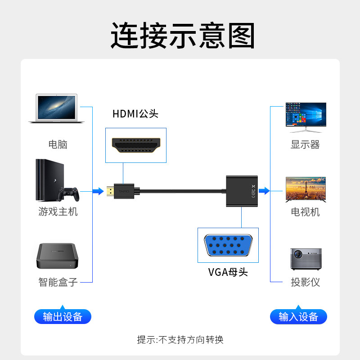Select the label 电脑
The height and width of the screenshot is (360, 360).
58,144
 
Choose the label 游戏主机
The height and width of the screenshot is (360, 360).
58,211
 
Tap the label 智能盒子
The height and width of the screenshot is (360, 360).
58,282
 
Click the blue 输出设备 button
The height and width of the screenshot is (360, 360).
63,316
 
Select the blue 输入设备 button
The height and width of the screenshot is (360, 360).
298,316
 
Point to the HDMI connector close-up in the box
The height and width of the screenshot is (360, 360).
135,145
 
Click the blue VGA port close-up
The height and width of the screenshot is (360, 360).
228,246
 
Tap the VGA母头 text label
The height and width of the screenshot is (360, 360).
228,272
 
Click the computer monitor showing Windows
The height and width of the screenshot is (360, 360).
306,117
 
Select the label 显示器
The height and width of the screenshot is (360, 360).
305,144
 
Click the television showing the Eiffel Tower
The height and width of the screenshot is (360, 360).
306,189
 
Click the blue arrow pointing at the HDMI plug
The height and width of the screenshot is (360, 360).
98,191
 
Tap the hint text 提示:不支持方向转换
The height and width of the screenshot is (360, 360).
180,339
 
